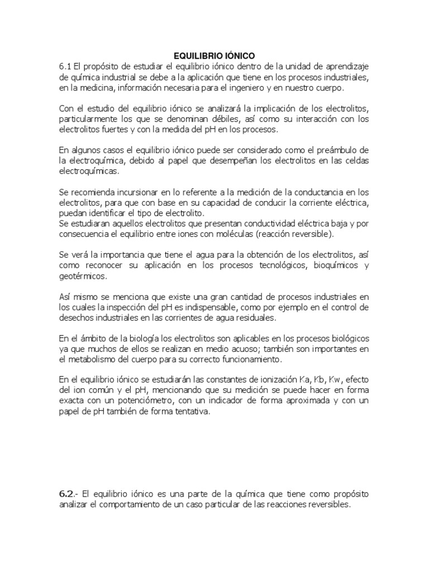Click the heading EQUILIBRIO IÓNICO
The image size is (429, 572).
(214, 56)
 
